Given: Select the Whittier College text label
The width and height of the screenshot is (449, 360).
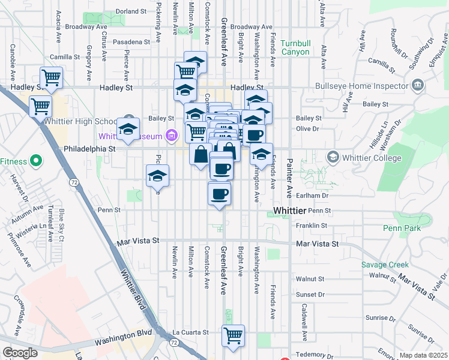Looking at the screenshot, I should (x=372, y=158).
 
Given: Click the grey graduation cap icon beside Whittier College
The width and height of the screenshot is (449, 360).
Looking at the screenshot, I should (x=332, y=157).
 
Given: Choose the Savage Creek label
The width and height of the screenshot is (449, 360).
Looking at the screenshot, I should (x=385, y=265).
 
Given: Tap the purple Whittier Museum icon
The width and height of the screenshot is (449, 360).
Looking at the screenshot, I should (x=172, y=136).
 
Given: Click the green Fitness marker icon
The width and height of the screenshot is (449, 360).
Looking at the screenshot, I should (x=35, y=161).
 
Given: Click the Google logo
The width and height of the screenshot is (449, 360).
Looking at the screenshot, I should (x=19, y=353).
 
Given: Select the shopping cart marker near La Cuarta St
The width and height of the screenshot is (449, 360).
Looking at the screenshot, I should (x=233, y=336).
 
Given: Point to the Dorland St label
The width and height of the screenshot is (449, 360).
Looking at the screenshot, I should (x=131, y=11).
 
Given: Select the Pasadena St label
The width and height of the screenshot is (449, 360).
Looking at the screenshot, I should (x=130, y=42).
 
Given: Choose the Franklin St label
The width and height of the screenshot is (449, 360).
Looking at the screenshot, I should (x=315, y=226).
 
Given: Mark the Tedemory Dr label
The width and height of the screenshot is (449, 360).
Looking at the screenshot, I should (x=310, y=354).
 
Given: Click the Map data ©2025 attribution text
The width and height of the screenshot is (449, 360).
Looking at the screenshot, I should (x=423, y=355).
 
